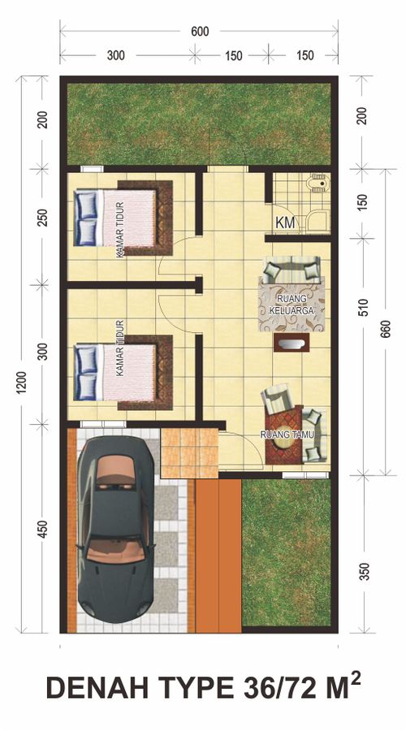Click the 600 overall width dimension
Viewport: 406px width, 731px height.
(x=200, y=32)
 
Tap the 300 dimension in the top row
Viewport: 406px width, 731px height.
(x=115, y=55)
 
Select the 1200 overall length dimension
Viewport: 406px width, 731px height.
(x=22, y=383)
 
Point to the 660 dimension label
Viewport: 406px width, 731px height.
(x=386, y=329)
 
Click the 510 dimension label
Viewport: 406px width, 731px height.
(x=364, y=307)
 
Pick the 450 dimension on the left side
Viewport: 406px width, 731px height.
(x=42, y=529)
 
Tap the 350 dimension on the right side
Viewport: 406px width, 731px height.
(x=364, y=572)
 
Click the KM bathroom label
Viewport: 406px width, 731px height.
(x=285, y=223)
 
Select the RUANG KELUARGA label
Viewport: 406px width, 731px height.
(x=292, y=304)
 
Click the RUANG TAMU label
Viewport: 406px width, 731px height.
(x=287, y=435)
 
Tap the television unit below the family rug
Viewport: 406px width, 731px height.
(x=292, y=343)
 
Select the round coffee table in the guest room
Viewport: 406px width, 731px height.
(x=284, y=441)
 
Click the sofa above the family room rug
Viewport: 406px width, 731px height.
(x=292, y=270)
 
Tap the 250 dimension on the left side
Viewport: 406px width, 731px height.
(x=42, y=218)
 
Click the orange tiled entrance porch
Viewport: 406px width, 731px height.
(x=189, y=453)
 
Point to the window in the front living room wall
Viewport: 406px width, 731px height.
(x=305, y=474)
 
